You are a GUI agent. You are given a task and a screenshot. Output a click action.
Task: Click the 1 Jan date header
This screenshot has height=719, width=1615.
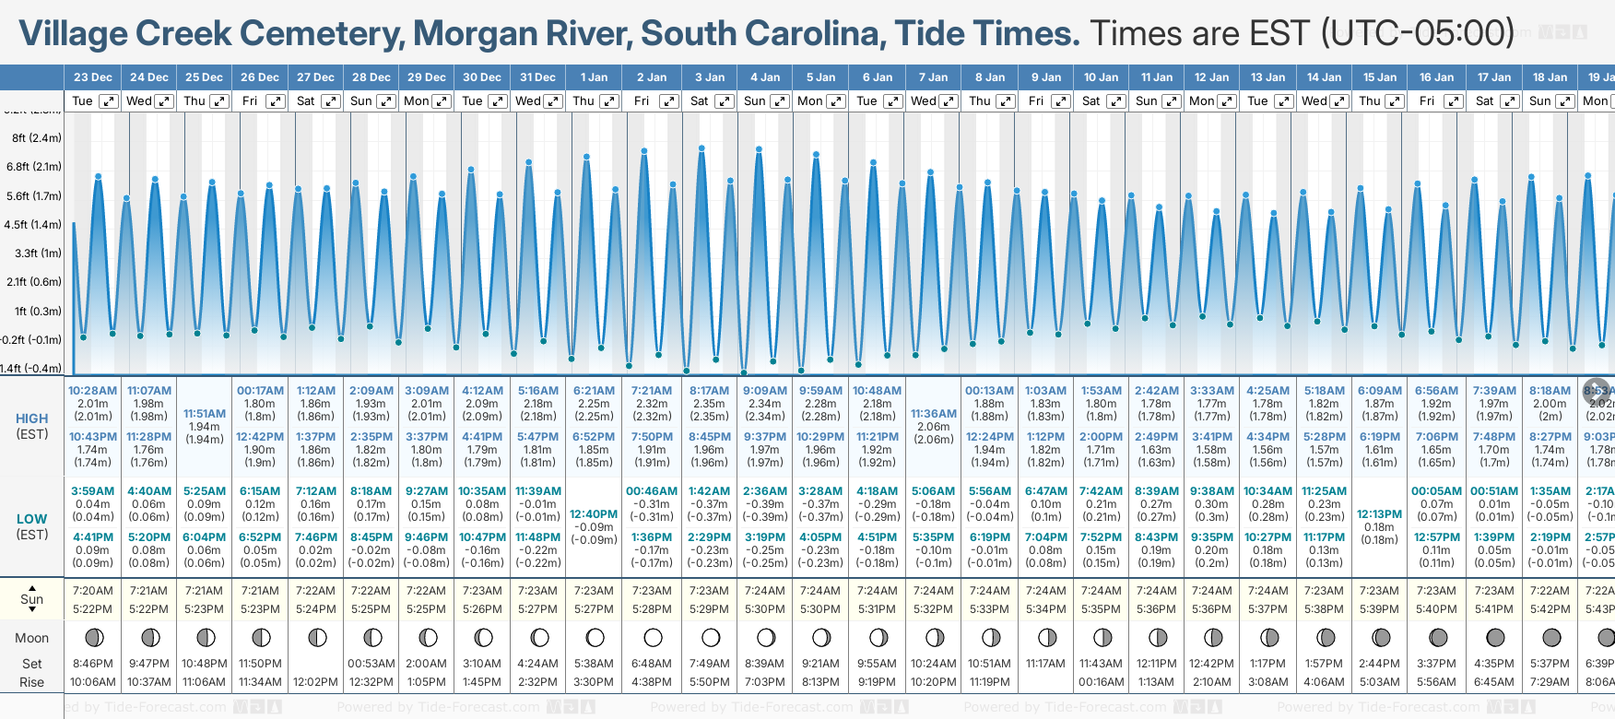coord(594,77)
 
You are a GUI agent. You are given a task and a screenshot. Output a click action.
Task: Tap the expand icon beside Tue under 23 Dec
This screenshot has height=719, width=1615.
coord(109,101)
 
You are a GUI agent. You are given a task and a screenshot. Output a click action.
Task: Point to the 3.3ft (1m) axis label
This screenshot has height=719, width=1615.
coord(38,253)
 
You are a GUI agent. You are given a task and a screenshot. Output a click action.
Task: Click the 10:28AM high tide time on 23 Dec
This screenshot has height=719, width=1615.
coord(92,391)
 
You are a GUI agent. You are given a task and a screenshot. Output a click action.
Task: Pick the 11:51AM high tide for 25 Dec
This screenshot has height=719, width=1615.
coord(204,414)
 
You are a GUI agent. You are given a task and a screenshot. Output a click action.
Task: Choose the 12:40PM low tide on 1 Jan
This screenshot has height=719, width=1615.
coord(594,514)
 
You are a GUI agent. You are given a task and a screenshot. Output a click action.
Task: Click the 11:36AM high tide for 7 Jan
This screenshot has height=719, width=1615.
coord(933,414)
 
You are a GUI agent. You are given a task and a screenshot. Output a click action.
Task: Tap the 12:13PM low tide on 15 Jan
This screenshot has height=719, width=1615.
coord(1379,514)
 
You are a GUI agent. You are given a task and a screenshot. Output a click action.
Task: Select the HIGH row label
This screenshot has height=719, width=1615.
coord(31,418)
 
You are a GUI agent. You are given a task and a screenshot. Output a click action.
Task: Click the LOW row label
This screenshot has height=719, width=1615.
coord(31,519)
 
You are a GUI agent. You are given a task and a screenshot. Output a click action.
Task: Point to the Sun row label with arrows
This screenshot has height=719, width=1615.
coord(31,599)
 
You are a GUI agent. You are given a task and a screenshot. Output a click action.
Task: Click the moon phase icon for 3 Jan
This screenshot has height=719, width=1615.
coord(710,637)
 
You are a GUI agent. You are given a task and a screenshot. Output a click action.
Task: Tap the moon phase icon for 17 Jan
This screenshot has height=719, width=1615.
coord(1494,637)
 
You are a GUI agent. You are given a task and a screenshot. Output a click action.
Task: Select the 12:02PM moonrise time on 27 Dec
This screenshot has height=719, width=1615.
coord(315,682)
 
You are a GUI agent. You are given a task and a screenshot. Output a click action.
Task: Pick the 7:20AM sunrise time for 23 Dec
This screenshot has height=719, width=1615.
coord(92,591)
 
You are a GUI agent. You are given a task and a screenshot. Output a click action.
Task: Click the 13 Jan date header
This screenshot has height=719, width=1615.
coord(1268,77)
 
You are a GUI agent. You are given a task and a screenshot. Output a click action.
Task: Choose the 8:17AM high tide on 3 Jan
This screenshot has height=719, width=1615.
coord(709,391)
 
